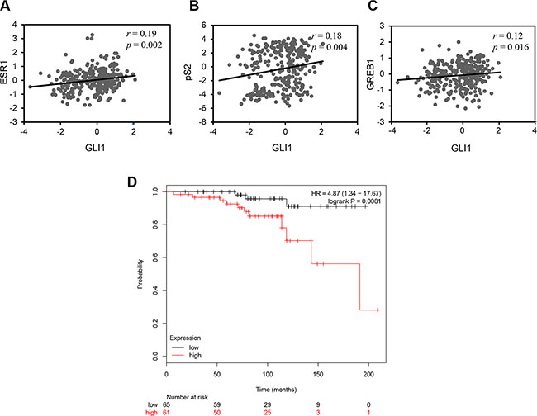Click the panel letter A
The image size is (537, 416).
tap(7, 7)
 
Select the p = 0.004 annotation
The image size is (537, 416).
tap(321, 48)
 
